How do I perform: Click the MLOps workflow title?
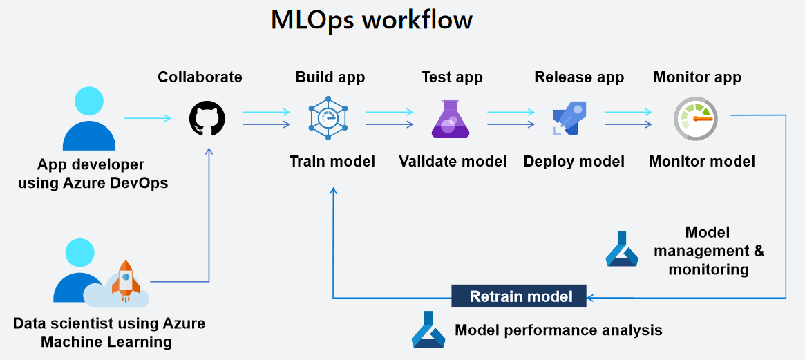[371, 20]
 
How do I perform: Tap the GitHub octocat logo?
[207, 118]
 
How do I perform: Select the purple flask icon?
[450, 119]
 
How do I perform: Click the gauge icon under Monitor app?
[694, 119]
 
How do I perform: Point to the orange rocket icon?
[125, 280]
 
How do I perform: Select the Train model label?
[332, 162]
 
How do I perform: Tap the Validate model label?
[453, 162]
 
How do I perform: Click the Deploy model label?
[574, 162]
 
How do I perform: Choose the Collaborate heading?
[200, 77]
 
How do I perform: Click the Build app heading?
[330, 77]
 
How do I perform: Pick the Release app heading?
[579, 77]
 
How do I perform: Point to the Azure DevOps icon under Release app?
[570, 119]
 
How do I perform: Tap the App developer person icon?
[88, 119]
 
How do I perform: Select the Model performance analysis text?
[558, 330]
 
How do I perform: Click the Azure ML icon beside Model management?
[621, 249]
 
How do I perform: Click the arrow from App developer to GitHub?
[147, 118]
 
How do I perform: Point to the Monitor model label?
[701, 162]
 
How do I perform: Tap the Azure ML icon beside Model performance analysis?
[428, 330]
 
